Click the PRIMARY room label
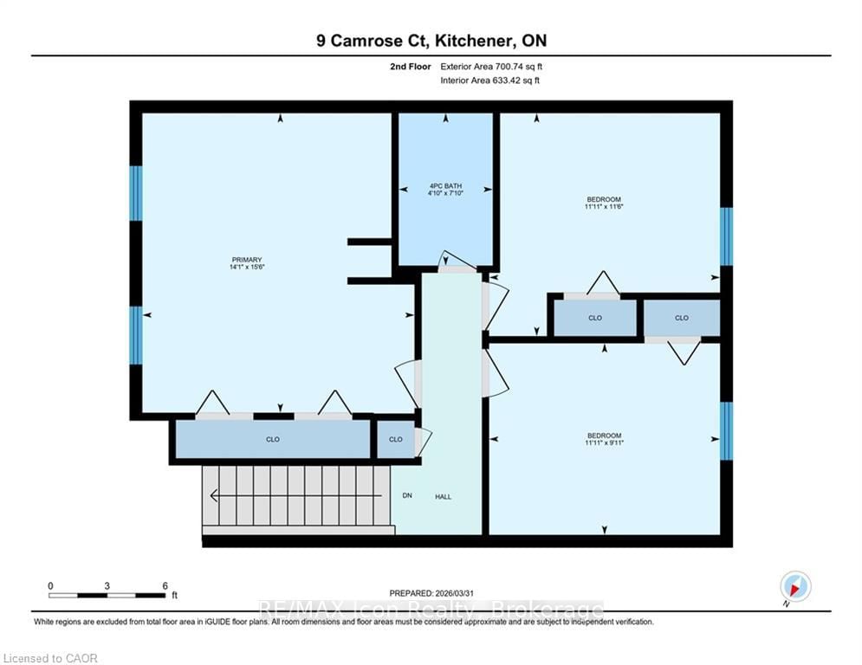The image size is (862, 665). point(247,260)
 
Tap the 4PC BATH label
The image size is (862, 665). point(446,186)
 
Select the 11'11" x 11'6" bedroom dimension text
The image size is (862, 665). point(604,207)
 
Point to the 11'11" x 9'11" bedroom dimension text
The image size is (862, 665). point(604,442)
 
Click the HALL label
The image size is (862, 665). point(443,496)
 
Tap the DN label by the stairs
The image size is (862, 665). point(407,495)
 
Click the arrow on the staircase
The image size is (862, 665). point(295,496)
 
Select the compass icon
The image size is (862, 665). point(795,586)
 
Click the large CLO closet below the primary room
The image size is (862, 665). point(273,439)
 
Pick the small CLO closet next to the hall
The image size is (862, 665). point(396,439)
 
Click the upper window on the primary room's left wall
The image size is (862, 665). point(136,193)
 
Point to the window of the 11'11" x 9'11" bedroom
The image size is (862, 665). point(726,431)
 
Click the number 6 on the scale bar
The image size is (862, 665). point(165,586)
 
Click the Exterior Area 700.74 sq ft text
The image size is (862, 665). point(491,67)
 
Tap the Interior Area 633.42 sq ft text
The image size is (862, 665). point(489,81)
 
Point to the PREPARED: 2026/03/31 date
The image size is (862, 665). point(431,593)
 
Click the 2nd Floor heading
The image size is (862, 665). point(411,67)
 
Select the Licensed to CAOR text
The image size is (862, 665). point(50,658)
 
